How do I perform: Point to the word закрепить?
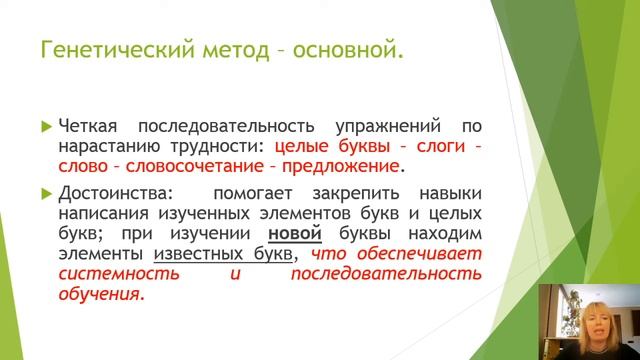click(x=336, y=192)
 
